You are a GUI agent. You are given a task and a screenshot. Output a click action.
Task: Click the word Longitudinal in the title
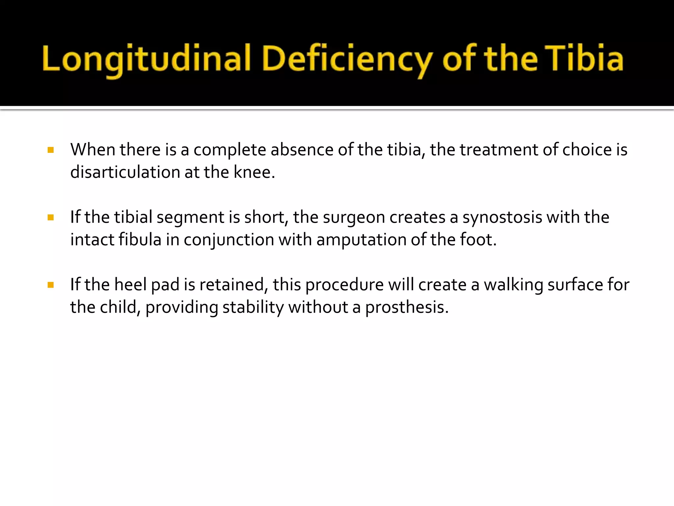[146, 59]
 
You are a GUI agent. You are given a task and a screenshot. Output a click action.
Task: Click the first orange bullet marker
[51, 150]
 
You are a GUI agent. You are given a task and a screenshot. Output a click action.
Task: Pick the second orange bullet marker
[51, 217]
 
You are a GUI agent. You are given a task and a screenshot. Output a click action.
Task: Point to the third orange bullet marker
[51, 285]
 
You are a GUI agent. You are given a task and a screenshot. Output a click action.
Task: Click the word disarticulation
[125, 172]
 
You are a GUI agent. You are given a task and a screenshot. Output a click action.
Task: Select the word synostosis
[502, 217]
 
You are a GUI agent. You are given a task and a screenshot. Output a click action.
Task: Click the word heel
[130, 285]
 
